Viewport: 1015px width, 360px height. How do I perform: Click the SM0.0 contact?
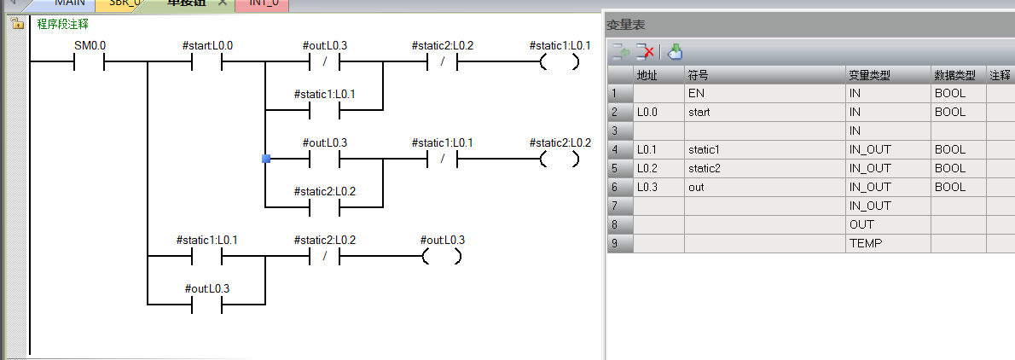coord(90,62)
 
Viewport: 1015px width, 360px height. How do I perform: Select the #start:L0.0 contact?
coord(207,62)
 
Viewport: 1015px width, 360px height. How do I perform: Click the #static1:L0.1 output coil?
coord(559,62)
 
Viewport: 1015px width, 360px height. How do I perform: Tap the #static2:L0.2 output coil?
coord(559,159)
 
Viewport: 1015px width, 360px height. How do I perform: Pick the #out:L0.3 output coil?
coord(443,256)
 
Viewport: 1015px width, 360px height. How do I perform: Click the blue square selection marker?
coord(266,159)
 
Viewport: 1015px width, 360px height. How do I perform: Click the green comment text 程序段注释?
coord(63,25)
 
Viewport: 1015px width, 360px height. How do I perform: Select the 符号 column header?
coord(698,75)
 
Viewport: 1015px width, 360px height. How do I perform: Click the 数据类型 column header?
coord(954,75)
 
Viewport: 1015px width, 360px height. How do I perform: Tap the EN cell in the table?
coord(696,93)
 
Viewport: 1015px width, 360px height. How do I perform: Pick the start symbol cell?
coord(699,112)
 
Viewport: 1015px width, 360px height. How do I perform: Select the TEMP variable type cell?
coord(866,243)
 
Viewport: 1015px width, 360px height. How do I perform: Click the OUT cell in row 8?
coord(861,224)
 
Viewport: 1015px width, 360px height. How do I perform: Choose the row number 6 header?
coord(619,187)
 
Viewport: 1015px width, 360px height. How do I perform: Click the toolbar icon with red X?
coord(647,52)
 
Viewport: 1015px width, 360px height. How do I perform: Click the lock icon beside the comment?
coord(17,25)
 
